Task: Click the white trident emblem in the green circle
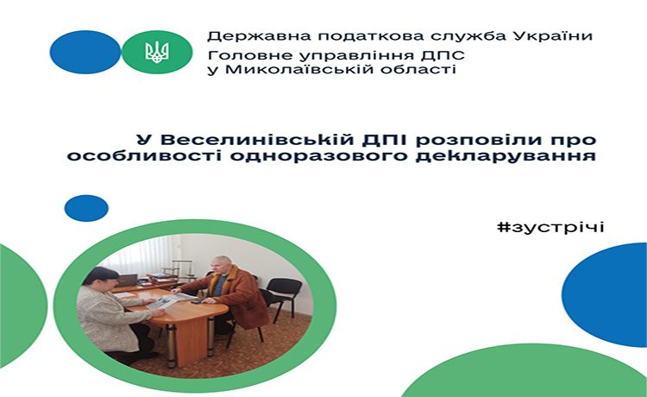[157, 52]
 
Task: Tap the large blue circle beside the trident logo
[85, 52]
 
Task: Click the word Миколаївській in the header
[299, 68]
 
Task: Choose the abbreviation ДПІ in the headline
[385, 141]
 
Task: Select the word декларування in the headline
[506, 156]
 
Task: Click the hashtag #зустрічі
[551, 227]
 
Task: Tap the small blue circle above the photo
[86, 208]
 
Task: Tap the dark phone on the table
[198, 302]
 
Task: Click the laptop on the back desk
[126, 281]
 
